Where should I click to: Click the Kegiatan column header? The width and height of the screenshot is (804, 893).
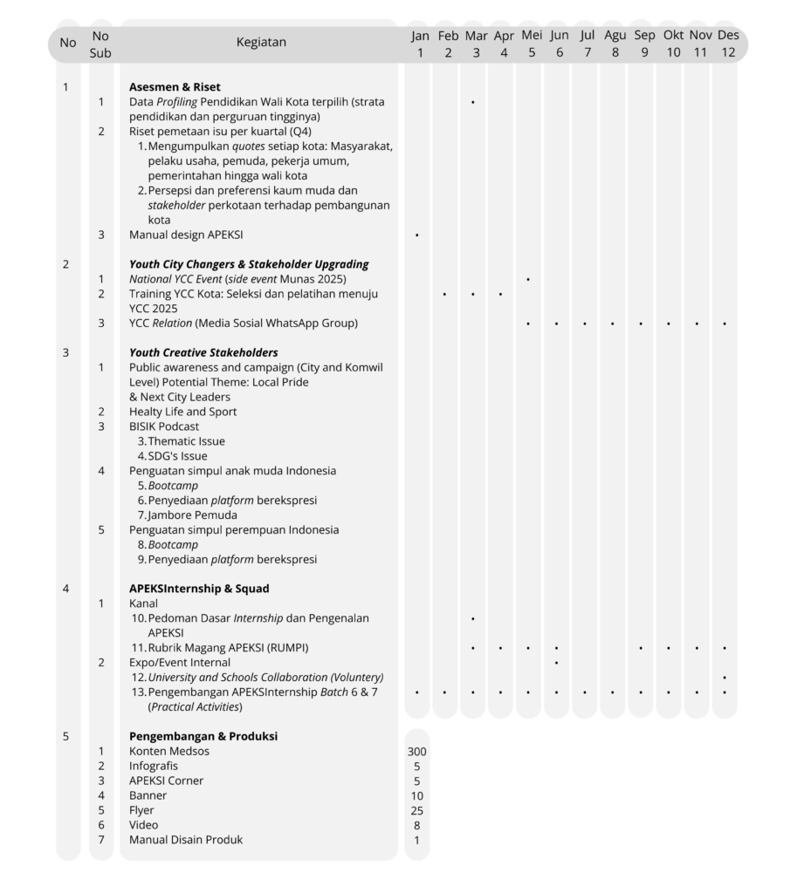(260, 42)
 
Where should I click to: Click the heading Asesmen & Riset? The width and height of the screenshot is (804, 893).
(175, 87)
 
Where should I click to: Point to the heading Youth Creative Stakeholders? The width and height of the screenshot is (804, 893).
(203, 352)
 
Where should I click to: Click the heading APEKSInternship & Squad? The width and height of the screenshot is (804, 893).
(199, 589)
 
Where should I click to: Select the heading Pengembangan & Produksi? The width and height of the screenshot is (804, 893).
(203, 736)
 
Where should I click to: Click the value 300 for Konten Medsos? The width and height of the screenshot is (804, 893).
(417, 751)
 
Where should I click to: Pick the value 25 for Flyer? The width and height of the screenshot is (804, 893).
(417, 810)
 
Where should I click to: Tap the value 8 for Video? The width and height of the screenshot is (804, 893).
(417, 825)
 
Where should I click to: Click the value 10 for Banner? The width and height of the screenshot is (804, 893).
(417, 795)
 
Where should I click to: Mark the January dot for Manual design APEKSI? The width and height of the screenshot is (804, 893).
(417, 235)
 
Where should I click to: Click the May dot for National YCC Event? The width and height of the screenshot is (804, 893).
(529, 279)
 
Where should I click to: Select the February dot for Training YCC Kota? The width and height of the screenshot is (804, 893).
(445, 294)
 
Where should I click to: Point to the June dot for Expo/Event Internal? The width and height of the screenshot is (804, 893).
(557, 663)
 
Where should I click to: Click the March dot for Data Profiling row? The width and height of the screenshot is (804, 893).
(473, 102)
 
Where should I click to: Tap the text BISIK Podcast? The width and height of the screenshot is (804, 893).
(164, 426)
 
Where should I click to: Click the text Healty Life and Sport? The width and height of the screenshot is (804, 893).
(183, 412)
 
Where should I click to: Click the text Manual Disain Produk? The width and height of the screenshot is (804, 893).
(186, 840)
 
